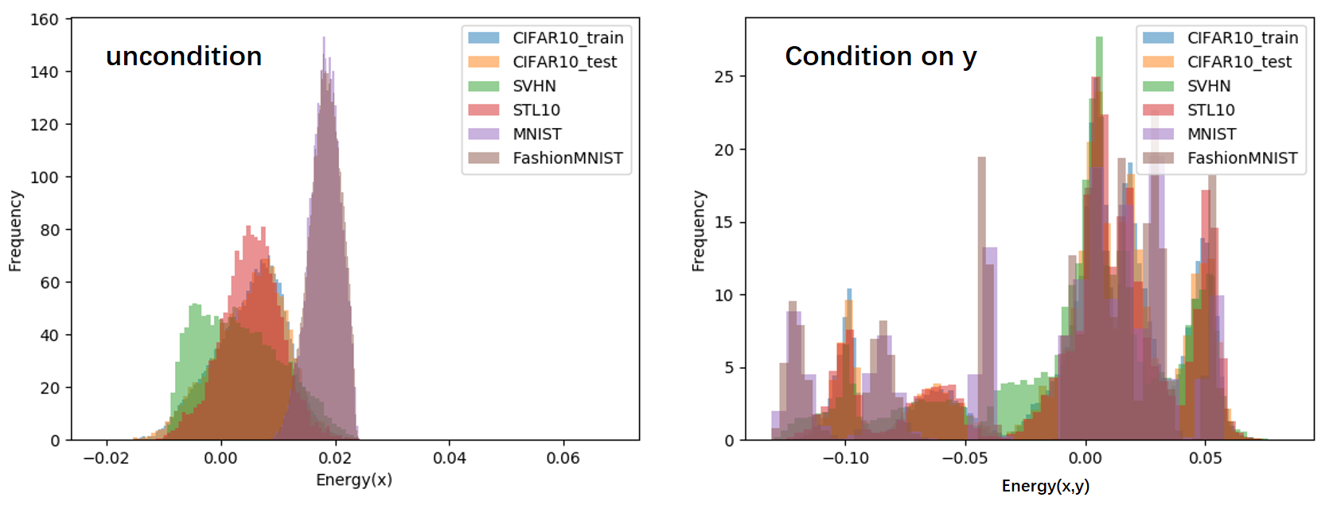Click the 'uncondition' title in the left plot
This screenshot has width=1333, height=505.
coord(184,56)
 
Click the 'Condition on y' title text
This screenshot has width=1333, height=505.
coord(880,56)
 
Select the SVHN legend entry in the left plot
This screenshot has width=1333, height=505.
coord(534,86)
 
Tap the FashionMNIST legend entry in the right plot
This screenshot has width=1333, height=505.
coord(1241,158)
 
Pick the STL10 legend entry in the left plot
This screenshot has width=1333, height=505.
coord(536,110)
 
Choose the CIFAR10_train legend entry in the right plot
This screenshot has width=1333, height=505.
coord(1242,37)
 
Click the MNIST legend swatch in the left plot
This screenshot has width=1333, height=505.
coord(483,134)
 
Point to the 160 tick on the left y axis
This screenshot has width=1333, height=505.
coord(45,19)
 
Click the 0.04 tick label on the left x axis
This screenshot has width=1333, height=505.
coord(450,458)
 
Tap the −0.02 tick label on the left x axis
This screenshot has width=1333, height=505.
coord(105,458)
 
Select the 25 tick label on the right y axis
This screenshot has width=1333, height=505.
coord(724,76)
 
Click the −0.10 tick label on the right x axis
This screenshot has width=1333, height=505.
coord(844,458)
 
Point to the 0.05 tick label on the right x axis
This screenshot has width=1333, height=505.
coord(1206,458)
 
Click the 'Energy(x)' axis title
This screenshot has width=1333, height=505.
coord(354,480)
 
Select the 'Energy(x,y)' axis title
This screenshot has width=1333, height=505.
coord(1045,486)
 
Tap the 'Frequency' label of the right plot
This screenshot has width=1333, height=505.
coord(699,231)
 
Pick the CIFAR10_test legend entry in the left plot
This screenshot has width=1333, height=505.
coord(564,62)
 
